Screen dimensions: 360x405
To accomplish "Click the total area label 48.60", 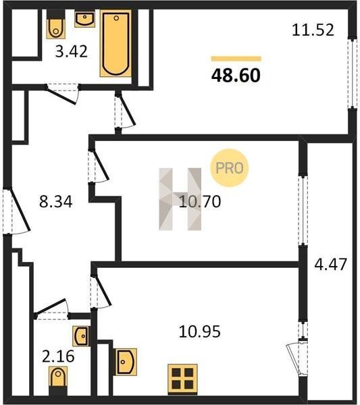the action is pyautogui.click(x=236, y=76).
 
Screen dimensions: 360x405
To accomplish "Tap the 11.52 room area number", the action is pyautogui.click(x=313, y=30).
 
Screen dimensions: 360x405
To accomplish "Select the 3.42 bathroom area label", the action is pyautogui.click(x=72, y=51).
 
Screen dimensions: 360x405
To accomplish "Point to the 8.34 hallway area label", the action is pyautogui.click(x=56, y=201).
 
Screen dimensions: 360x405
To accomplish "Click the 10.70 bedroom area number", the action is pyautogui.click(x=200, y=201).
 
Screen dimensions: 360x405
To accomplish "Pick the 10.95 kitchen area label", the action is pyautogui.click(x=200, y=331).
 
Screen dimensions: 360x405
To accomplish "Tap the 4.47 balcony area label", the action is pyautogui.click(x=330, y=264).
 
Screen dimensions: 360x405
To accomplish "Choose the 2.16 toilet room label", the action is pyautogui.click(x=58, y=356).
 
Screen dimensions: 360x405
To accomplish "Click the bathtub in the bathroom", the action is pyautogui.click(x=115, y=43).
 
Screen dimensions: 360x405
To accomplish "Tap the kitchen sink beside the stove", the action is pyautogui.click(x=126, y=362).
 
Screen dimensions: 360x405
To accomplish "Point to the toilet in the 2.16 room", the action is pyautogui.click(x=58, y=380).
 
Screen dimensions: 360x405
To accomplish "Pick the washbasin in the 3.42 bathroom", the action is pyautogui.click(x=85, y=19).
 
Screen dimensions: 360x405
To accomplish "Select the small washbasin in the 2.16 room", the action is pyautogui.click(x=81, y=336).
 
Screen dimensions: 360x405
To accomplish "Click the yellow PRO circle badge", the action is pyautogui.click(x=230, y=168).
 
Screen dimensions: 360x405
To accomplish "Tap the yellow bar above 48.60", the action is pyautogui.click(x=236, y=59).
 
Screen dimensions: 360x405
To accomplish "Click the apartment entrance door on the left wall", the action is pyautogui.click(x=16, y=211).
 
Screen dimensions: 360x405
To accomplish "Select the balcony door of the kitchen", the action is pyautogui.click(x=299, y=357).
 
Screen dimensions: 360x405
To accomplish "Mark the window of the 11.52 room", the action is pyautogui.click(x=351, y=74).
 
